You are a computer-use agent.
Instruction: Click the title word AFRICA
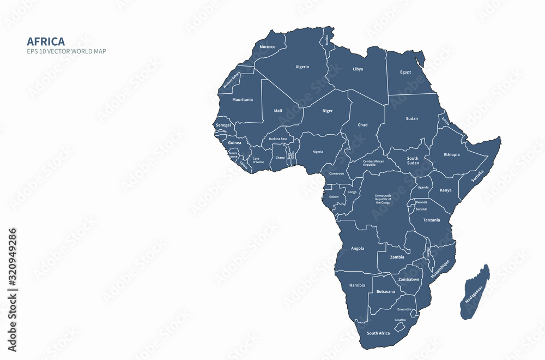[46, 41]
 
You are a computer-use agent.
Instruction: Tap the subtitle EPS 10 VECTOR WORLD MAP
[66, 51]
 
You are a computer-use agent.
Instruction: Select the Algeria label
[302, 67]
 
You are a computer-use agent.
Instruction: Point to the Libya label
[358, 69]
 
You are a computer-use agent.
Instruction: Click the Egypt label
[405, 72]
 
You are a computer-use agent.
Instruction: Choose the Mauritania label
[243, 100]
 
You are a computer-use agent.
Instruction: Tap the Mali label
[278, 111]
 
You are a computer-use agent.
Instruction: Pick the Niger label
[327, 111]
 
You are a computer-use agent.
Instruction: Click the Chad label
[362, 125]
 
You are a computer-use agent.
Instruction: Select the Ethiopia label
[451, 154]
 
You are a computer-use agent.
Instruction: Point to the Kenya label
[445, 190]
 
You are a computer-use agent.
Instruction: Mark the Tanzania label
[432, 220]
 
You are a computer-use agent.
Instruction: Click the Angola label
[358, 248]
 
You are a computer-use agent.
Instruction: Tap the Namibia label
[357, 285]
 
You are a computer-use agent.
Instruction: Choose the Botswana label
[386, 291]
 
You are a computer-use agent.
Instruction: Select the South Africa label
[378, 333]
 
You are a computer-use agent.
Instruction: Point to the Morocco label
[267, 47]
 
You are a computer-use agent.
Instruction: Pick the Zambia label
[397, 257]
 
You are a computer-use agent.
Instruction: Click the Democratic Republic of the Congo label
[383, 199]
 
